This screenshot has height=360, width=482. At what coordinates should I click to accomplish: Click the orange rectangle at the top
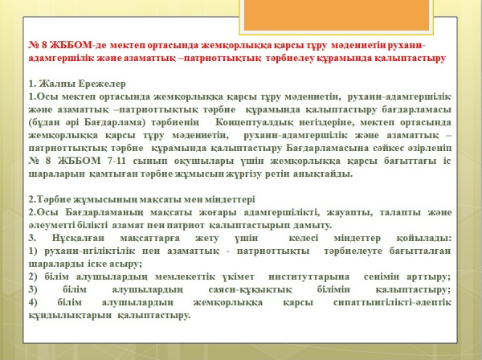tap(337, 14)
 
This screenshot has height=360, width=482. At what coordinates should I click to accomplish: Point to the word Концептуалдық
tap(254, 122)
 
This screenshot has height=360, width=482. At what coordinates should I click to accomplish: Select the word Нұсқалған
tap(78, 238)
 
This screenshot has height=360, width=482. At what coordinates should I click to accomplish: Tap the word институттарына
tap(309, 276)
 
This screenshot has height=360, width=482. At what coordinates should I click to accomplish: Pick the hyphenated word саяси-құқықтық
tap(250, 289)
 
